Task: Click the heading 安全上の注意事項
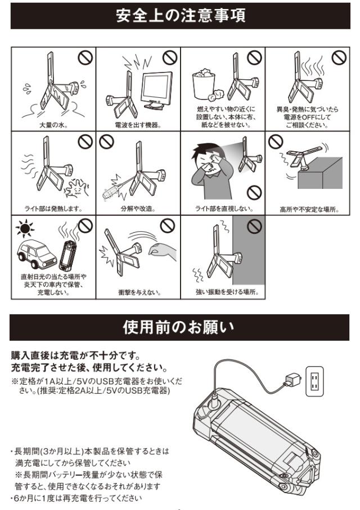pyautogui.click(x=181, y=16)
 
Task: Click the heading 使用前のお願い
pyautogui.click(x=179, y=327)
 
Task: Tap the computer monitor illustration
pyautogui.click(x=157, y=91)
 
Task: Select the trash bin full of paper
pyautogui.click(x=204, y=84)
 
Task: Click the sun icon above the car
pyautogui.click(x=25, y=228)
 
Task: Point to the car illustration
pyautogui.click(x=37, y=254)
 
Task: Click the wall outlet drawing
pyautogui.click(x=314, y=381)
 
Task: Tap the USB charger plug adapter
pyautogui.click(x=292, y=379)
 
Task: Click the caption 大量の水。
pyautogui.click(x=53, y=125)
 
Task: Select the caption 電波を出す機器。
pyautogui.click(x=138, y=125)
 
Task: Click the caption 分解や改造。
pyautogui.click(x=138, y=209)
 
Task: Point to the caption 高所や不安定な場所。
pyautogui.click(x=309, y=210)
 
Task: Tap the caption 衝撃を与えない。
pyautogui.click(x=139, y=292)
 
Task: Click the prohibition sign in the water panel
pyautogui.click(x=85, y=57)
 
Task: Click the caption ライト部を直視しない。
pyautogui.click(x=224, y=209)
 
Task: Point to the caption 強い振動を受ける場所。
pyautogui.click(x=227, y=292)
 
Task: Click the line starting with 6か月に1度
pyautogui.click(x=76, y=498)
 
